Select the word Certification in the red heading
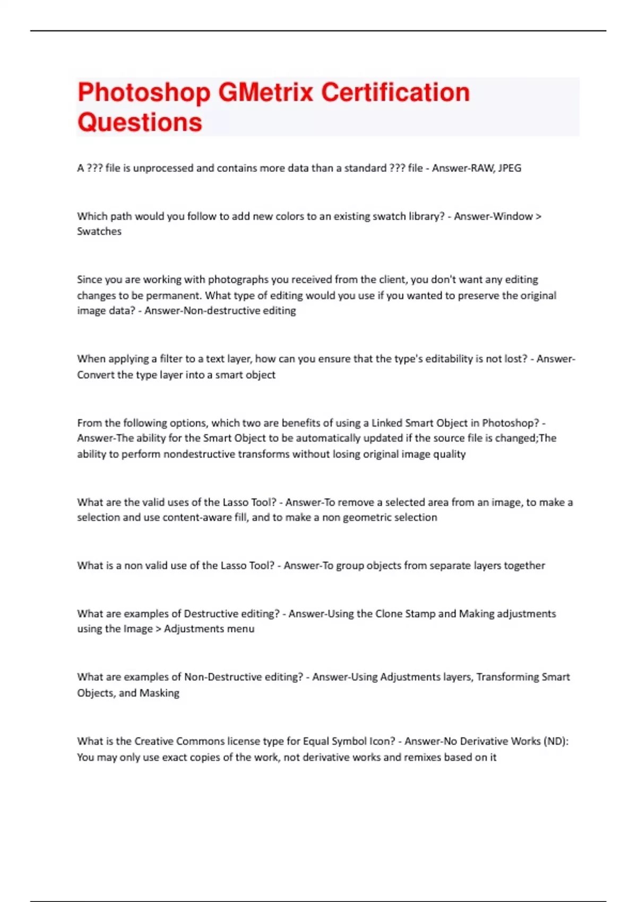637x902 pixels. coord(395,92)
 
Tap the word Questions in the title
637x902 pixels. coord(140,123)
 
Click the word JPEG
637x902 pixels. coord(510,168)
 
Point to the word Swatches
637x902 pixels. coord(99,231)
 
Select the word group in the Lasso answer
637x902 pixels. coord(350,566)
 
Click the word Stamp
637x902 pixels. coord(420,614)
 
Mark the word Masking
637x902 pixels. coord(159,693)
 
